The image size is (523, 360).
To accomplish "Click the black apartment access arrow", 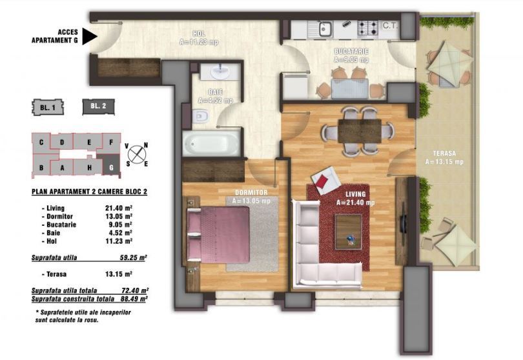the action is [x=89, y=36].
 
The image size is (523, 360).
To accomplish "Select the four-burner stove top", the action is [x=368, y=28].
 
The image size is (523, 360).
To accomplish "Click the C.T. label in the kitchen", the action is [x=390, y=25].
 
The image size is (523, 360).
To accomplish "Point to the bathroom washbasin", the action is [x=220, y=72].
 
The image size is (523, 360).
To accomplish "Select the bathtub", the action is [x=211, y=143].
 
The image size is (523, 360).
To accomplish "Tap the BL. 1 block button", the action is [x=48, y=108].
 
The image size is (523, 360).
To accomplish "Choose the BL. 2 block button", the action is [x=98, y=106].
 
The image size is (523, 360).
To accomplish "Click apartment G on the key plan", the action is [x=111, y=165].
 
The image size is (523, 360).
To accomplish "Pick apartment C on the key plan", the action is [x=41, y=143].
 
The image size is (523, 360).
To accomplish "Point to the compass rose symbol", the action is [x=137, y=154].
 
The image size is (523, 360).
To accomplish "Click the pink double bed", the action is [x=218, y=234].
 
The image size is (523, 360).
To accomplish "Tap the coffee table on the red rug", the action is [x=348, y=232].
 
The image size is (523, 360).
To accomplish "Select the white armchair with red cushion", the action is [x=325, y=181].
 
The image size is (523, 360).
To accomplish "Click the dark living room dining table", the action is [x=360, y=130].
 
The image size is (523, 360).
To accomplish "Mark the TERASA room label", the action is [x=444, y=154].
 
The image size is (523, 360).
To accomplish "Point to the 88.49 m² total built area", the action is [x=134, y=299].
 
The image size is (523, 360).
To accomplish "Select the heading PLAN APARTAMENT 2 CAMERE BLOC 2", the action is [x=89, y=192].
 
